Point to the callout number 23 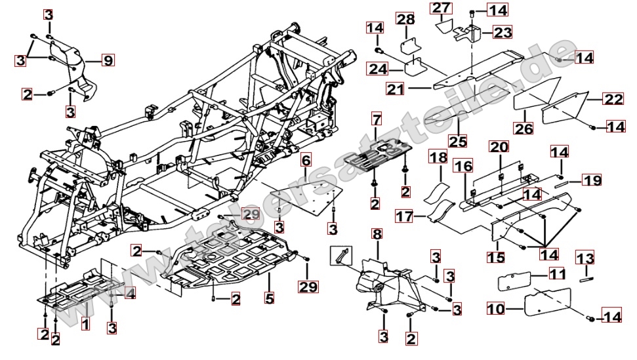click(503, 31)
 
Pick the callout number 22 click(612, 100)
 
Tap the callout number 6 click(306, 161)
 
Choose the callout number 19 click(592, 179)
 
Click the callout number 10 click(495, 307)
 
